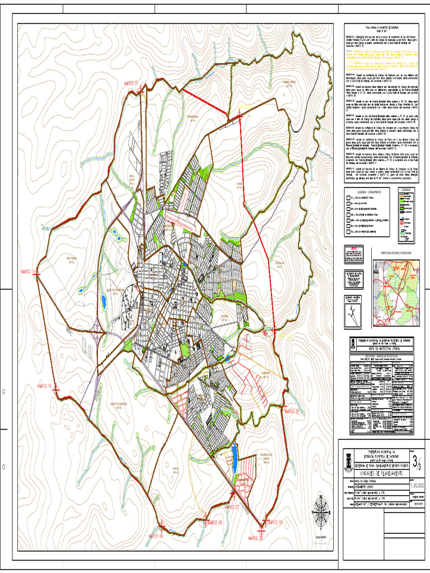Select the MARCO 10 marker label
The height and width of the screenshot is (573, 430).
click(44, 386)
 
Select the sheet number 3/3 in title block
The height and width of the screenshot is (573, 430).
click(417, 462)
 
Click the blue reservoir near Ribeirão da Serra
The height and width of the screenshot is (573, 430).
click(234, 453)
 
